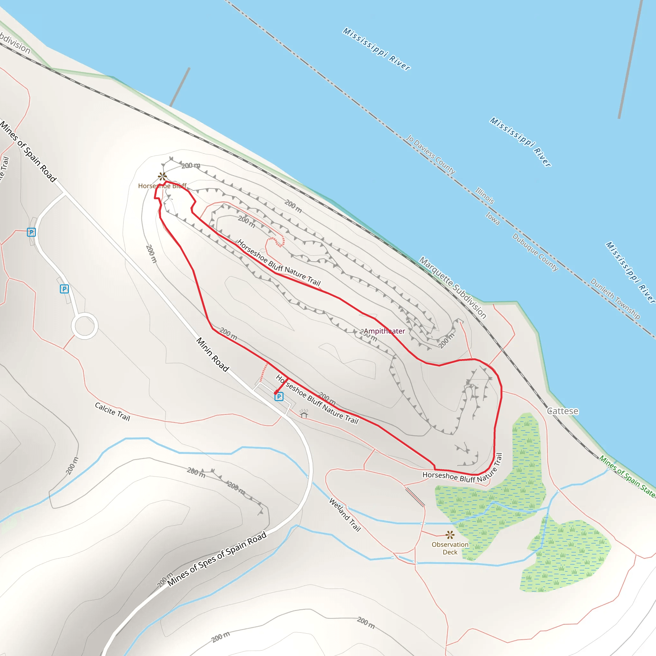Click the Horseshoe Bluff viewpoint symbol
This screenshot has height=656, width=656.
(x=162, y=176)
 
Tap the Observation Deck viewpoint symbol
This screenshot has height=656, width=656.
(x=450, y=535)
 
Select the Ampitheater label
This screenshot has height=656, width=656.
(x=384, y=331)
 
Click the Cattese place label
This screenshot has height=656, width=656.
(x=562, y=411)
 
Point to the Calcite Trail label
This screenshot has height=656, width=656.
(x=112, y=412)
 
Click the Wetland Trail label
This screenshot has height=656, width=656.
(x=345, y=515)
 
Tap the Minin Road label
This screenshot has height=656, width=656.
(x=213, y=354)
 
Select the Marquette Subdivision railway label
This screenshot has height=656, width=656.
(x=453, y=288)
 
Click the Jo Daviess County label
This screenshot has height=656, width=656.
(x=430, y=154)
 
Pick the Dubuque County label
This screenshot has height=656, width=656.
(x=535, y=252)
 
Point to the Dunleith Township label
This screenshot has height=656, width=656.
(x=615, y=299)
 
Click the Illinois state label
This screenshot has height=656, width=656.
(x=485, y=196)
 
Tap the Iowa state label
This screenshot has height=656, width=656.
(x=492, y=218)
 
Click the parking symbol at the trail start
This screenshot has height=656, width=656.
(x=279, y=397)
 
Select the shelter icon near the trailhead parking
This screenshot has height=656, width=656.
(x=304, y=414)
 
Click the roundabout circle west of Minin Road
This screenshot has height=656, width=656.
(x=85, y=326)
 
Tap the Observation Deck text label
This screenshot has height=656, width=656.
(x=450, y=548)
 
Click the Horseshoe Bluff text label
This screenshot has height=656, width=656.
(x=162, y=186)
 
